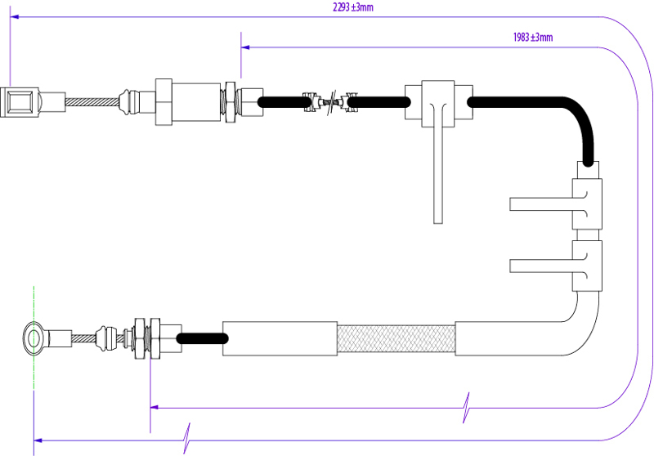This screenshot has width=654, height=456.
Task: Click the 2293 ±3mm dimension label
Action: click(352, 7)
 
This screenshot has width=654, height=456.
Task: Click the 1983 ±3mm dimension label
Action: click(533, 38)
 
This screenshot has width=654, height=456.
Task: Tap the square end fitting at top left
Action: click(19, 102)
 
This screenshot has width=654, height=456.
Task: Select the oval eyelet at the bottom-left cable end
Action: click(34, 338)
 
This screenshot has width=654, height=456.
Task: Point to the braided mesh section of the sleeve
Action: click(396, 338)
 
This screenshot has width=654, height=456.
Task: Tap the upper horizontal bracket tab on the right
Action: click(540, 203)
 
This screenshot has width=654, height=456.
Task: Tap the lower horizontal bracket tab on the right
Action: click(540, 265)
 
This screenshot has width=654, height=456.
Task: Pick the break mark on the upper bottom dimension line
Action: click(467, 405)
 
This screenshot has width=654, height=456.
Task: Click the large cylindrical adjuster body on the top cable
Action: click(197, 102)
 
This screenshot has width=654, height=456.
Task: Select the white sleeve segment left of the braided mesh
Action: click(280, 338)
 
